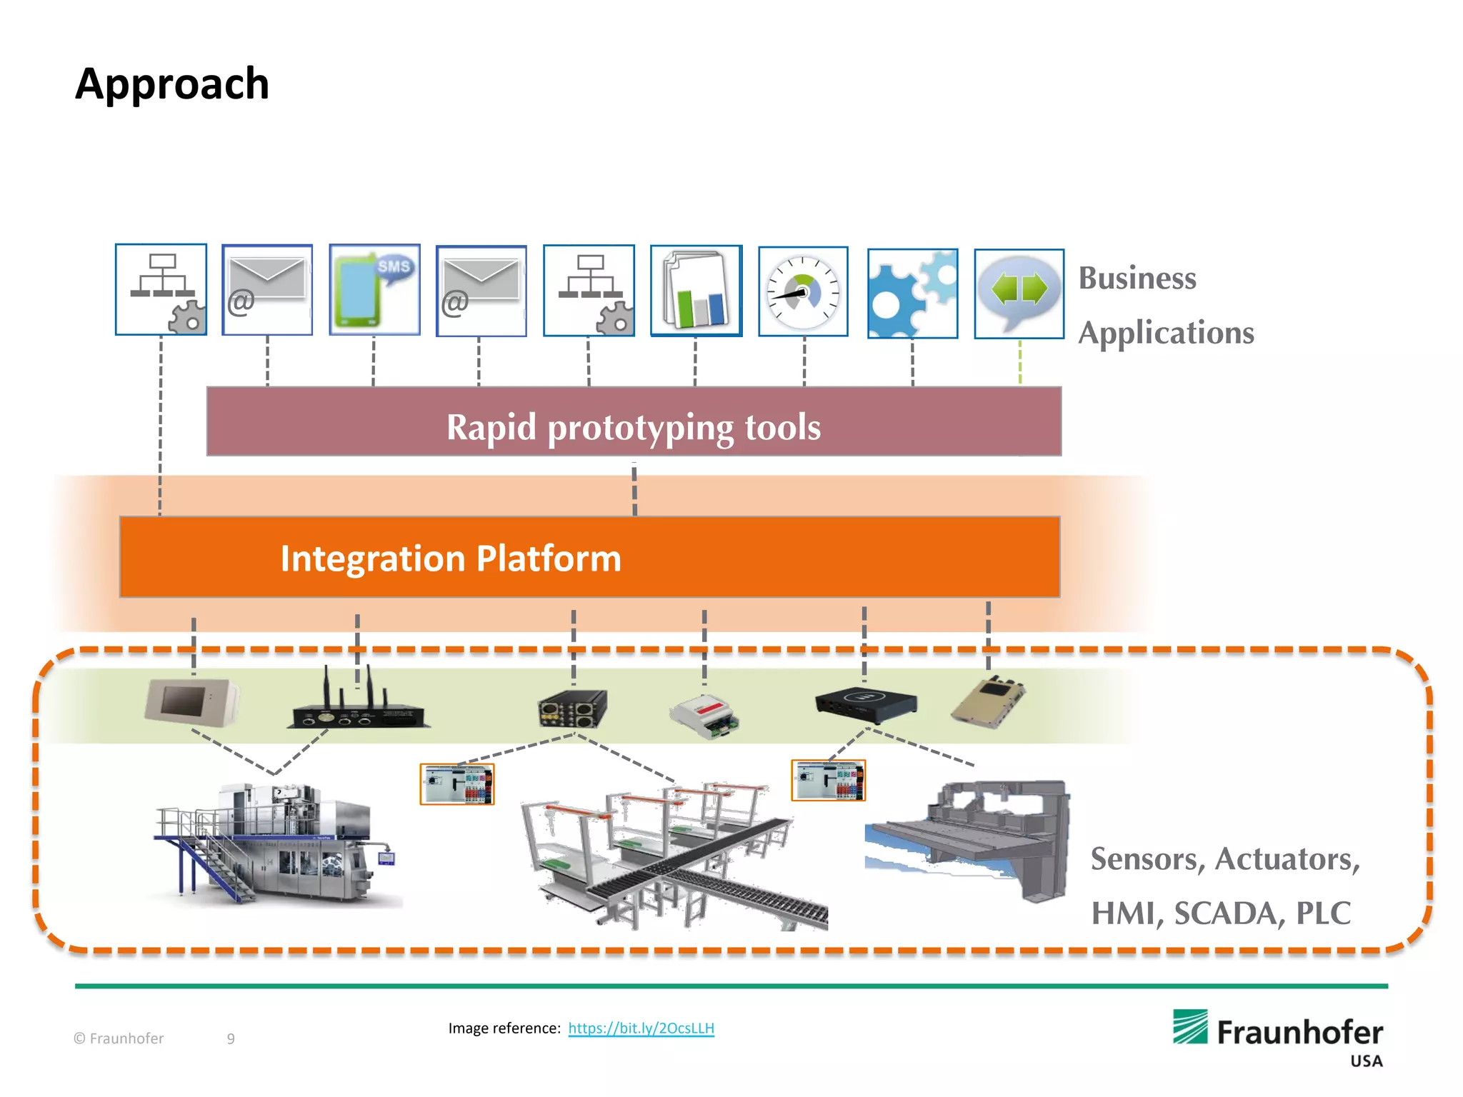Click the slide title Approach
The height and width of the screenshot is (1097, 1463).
tap(172, 84)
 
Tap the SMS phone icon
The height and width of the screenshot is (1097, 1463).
tap(374, 290)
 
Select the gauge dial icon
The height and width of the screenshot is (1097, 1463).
tap(803, 291)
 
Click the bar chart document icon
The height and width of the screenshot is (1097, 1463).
tap(696, 291)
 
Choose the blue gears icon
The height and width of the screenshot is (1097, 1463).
tap(912, 294)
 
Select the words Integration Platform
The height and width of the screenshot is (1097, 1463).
tap(451, 558)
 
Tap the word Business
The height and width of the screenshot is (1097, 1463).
tap(1137, 278)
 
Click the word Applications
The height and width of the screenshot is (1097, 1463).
tap(1166, 333)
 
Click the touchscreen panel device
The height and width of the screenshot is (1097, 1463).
tap(191, 701)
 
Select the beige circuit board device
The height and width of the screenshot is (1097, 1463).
tap(988, 701)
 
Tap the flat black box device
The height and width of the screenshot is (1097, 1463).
tap(866, 701)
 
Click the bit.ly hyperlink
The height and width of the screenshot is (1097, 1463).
tap(641, 1028)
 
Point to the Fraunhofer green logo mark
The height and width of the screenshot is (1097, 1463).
tap(1190, 1027)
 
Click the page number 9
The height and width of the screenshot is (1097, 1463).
tap(231, 1038)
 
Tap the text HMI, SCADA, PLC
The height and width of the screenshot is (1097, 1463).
tap(1220, 913)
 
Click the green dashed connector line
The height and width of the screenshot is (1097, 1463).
tap(1019, 362)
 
